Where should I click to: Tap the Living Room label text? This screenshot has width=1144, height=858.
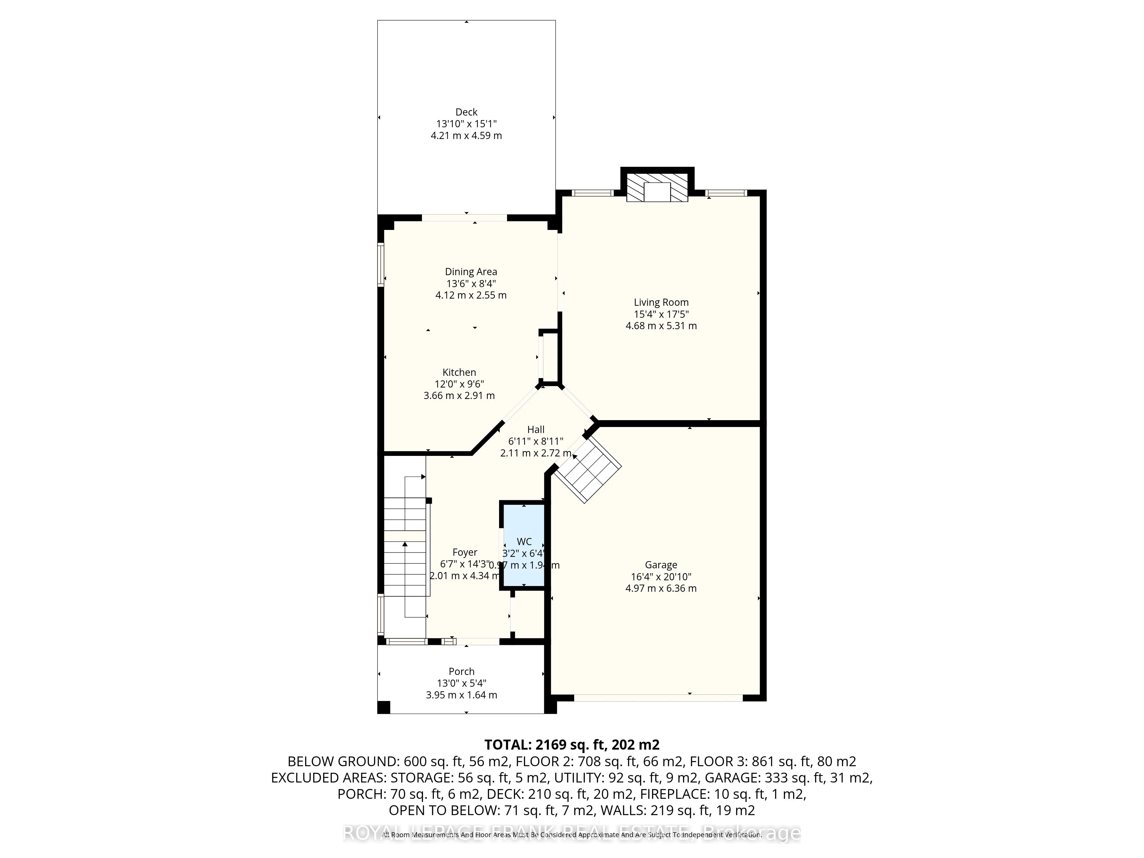pyautogui.click(x=661, y=303)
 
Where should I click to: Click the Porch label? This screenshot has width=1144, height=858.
pyautogui.click(x=461, y=671)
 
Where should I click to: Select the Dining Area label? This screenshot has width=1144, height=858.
pyautogui.click(x=471, y=271)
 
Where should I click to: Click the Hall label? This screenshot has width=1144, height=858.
pyautogui.click(x=535, y=429)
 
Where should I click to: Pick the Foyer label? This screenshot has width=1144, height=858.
pyautogui.click(x=464, y=552)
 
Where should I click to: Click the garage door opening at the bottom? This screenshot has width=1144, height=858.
pyautogui.click(x=658, y=698)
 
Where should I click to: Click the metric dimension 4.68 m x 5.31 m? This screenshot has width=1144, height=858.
pyautogui.click(x=661, y=326)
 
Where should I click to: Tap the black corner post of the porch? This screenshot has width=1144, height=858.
pyautogui.click(x=383, y=707)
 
